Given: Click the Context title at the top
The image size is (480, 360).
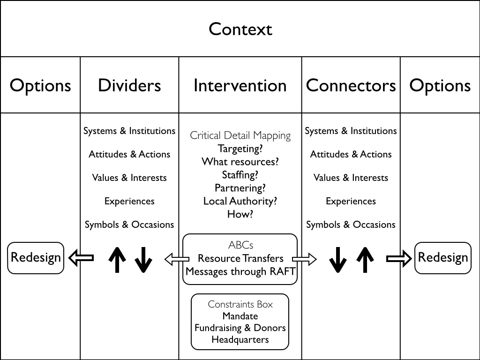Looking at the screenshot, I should [240, 29].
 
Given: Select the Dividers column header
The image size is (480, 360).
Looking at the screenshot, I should [129, 85].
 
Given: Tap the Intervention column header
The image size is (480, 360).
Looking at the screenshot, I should [240, 85].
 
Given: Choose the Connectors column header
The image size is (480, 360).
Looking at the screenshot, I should [351, 85].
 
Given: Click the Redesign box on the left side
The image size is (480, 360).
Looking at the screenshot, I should [36, 258].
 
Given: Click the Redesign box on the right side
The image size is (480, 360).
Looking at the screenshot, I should [442, 258].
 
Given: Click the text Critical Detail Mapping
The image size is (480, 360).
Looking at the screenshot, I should [240, 136].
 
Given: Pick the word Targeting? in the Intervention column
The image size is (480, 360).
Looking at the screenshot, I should [240, 149].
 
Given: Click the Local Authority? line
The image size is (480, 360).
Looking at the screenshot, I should [240, 201].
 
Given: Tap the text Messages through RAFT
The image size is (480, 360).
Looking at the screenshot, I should [240, 271].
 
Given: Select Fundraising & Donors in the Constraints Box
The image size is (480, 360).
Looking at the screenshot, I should [240, 328].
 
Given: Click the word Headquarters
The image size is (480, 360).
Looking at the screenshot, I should [240, 340].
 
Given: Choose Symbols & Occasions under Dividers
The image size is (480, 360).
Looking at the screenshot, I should [129, 225].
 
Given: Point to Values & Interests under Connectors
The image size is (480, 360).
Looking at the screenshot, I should [351, 178].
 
